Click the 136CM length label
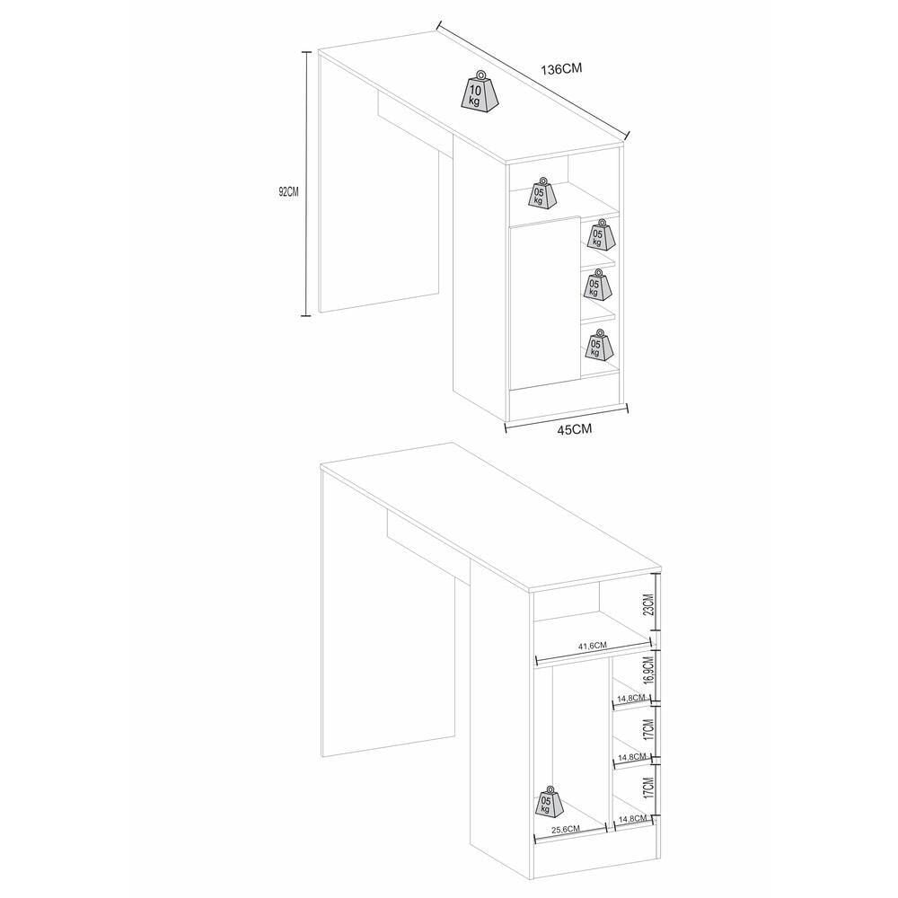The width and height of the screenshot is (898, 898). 561,69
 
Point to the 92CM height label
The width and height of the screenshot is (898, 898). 288,192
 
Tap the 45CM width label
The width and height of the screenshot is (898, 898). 575,429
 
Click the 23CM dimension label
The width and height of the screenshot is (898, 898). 647,603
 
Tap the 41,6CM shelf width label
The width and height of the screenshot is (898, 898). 592,646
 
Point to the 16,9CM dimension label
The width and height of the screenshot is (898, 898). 647,671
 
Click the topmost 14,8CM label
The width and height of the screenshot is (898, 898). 631,698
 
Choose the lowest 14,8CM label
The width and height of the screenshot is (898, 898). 632,819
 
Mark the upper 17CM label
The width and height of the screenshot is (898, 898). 647,728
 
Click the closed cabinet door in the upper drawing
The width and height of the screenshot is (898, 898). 545,304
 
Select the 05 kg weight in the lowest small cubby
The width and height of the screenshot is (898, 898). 598,344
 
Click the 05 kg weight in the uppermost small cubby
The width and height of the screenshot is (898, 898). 599,233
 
